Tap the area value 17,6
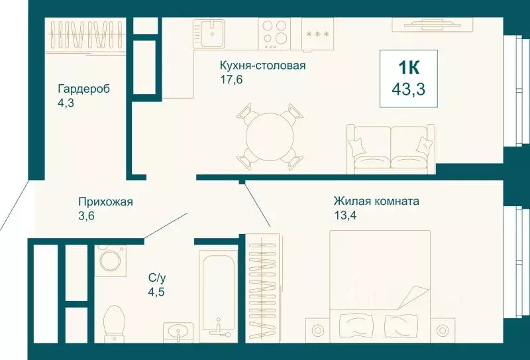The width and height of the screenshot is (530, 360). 231,80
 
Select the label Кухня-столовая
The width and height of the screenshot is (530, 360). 262,66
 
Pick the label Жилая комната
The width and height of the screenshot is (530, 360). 376,200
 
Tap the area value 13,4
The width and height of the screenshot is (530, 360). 348,214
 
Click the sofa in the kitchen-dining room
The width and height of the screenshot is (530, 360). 390,147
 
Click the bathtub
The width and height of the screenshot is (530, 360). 217,295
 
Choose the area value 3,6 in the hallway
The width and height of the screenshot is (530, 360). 87,215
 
